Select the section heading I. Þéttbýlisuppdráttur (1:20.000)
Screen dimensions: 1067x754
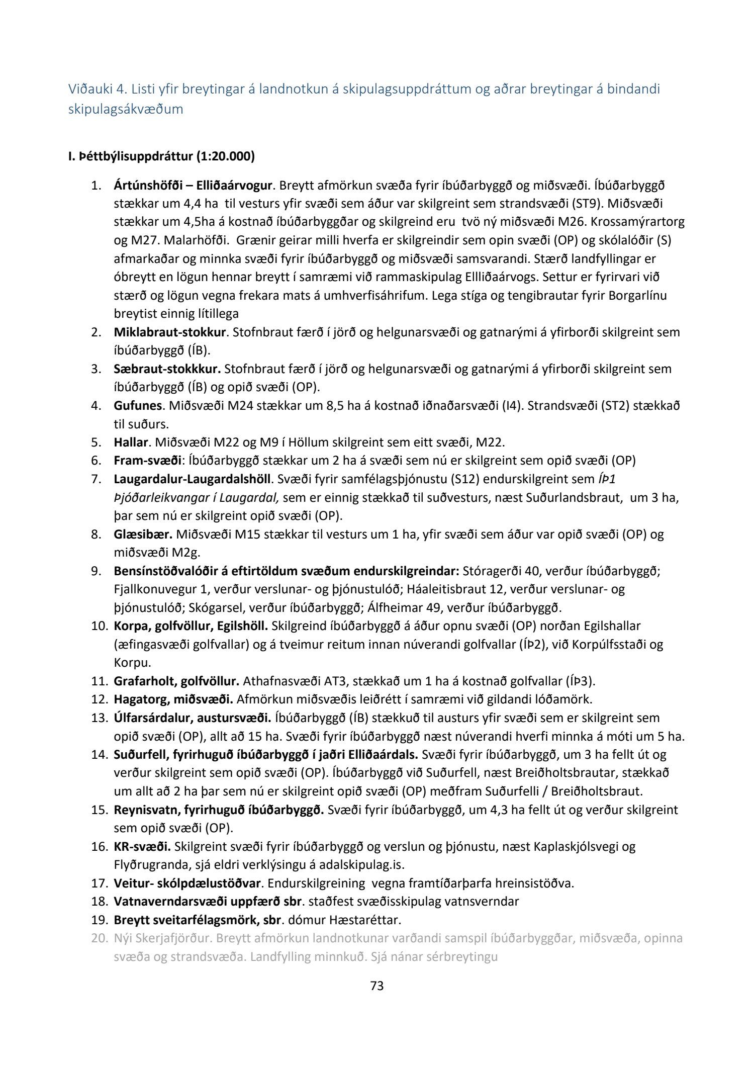tap(161, 157)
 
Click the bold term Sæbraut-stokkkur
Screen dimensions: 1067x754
tap(167, 369)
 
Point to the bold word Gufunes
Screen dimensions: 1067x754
tap(138, 406)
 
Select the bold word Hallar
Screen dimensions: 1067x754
tap(131, 442)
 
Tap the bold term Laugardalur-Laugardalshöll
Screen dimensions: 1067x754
tap(192, 479)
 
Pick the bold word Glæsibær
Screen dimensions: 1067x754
tap(143, 535)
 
